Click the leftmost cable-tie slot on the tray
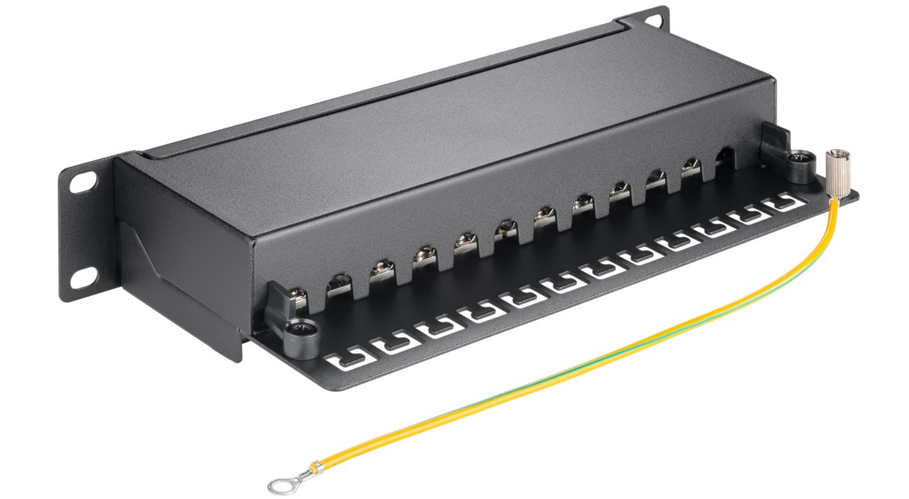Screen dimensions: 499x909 point(346,361)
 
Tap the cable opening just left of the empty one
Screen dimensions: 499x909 point(691,169)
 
